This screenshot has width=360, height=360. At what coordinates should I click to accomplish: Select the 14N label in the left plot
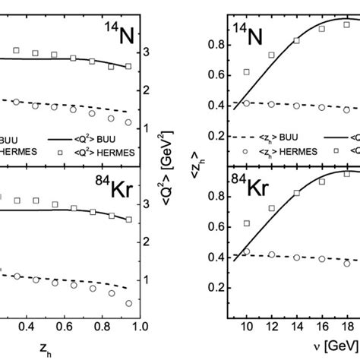(115, 35)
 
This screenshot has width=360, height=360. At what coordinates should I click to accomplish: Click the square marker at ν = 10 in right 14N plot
(246, 72)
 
